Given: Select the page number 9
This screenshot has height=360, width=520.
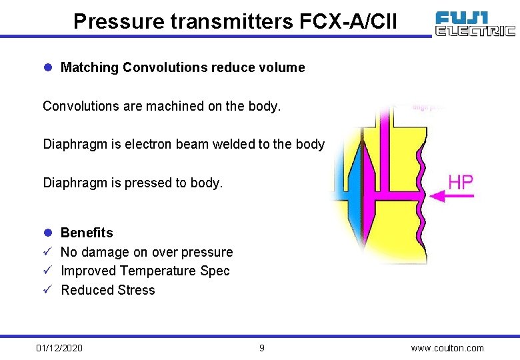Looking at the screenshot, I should [262, 348].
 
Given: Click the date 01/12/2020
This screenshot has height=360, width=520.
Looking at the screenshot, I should [59, 348].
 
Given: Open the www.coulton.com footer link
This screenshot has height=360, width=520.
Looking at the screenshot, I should [447, 348].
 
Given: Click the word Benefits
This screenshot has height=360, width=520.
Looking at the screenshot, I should [87, 233].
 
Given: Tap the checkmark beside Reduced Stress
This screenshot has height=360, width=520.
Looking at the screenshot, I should [47, 290].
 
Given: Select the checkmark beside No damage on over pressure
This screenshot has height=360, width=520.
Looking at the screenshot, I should [47, 252].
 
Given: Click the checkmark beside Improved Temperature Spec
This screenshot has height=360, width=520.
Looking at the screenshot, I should [47, 271].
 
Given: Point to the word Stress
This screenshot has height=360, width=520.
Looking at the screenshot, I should [136, 290].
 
